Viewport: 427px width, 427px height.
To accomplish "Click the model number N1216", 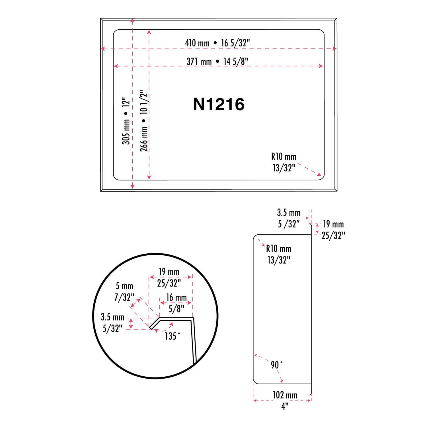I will [x=219, y=104].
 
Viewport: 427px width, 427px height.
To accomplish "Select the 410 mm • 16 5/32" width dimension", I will [x=217, y=43].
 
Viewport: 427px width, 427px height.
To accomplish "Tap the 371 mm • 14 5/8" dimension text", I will [x=217, y=61].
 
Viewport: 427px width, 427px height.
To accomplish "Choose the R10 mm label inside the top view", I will [x=284, y=157].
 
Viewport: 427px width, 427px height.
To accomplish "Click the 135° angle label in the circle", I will [x=172, y=336].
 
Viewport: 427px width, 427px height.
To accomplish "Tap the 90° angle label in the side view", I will [x=276, y=365].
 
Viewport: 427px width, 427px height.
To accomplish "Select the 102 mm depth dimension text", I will [x=285, y=395].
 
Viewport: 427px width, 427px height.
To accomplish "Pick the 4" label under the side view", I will [x=285, y=406].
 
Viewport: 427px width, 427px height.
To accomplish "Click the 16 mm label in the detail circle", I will [x=176, y=297].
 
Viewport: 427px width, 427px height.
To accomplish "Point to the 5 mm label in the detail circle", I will [x=124, y=286].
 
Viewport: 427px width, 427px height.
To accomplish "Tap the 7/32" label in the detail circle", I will [x=124, y=297].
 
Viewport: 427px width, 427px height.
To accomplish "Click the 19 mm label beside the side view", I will [x=333, y=224].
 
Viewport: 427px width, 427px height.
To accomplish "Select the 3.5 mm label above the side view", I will [x=289, y=213].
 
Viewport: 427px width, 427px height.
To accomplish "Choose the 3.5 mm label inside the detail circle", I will [x=113, y=317].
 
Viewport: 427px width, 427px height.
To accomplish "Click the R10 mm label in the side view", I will [x=279, y=249].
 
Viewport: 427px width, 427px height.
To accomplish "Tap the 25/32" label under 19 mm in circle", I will [x=169, y=283].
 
